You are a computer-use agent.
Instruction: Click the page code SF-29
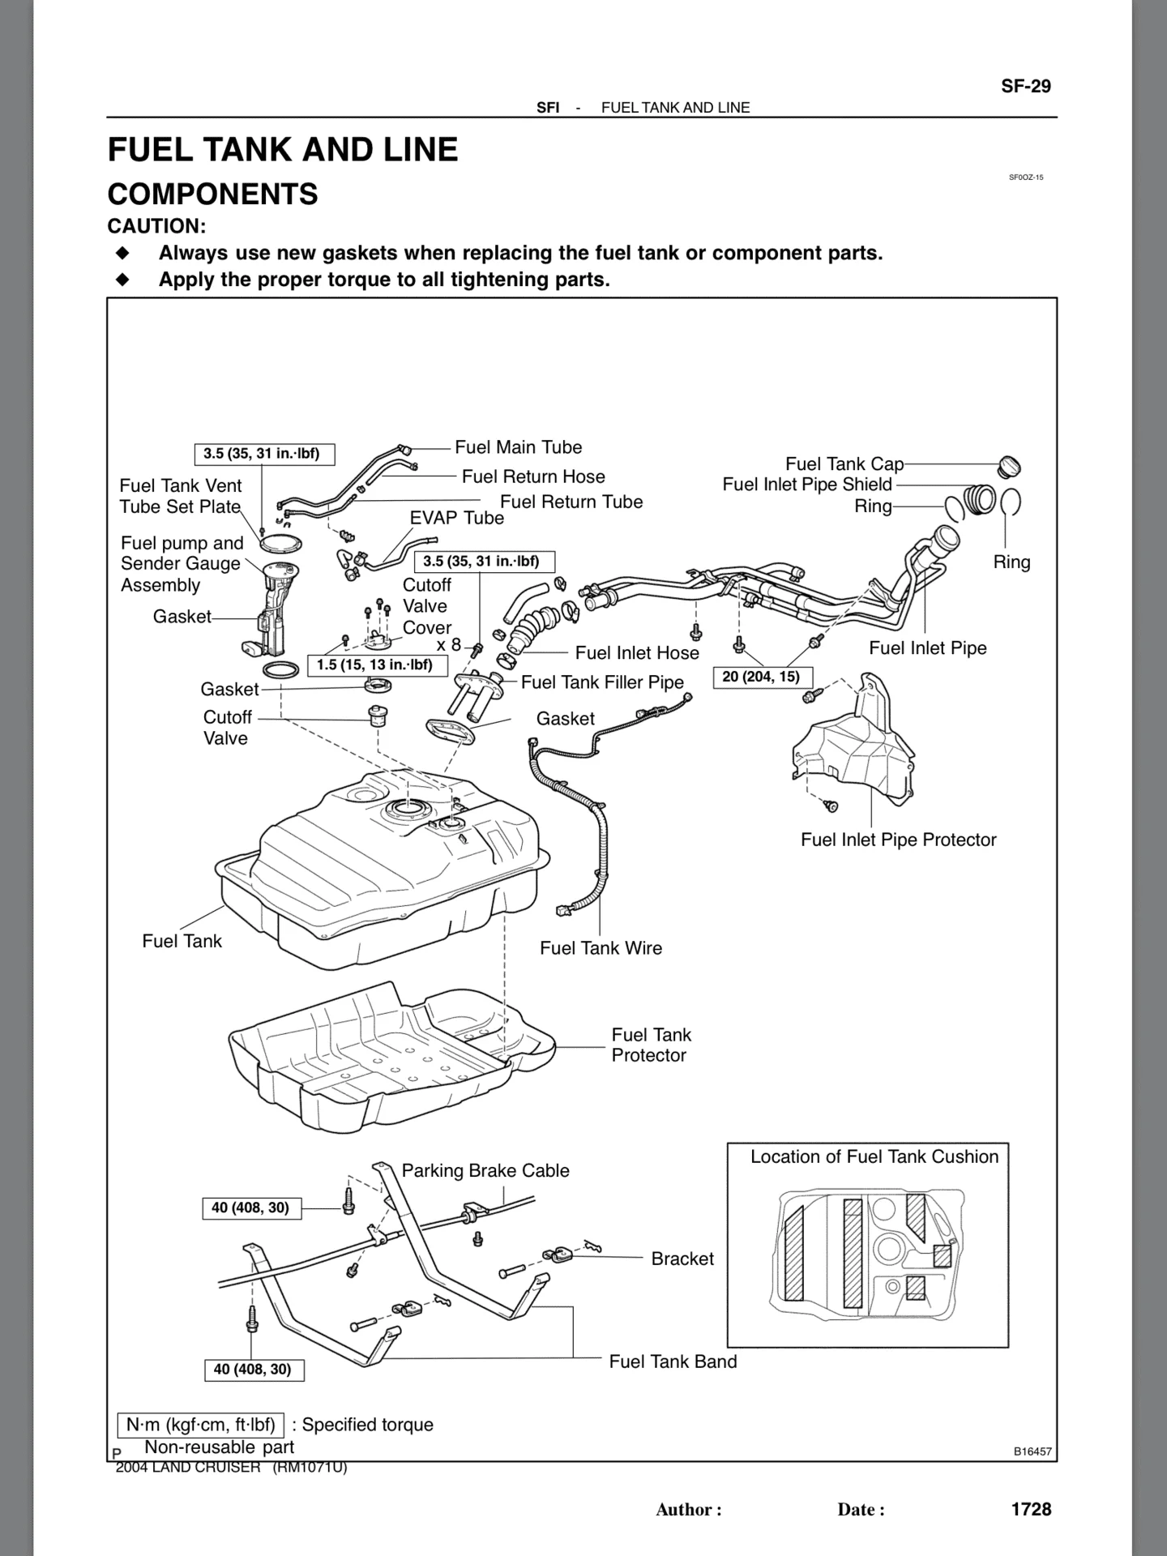tap(1026, 87)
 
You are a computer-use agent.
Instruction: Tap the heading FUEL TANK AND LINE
tap(283, 150)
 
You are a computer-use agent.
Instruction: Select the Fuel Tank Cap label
tap(844, 464)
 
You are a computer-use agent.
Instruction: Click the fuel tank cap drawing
tap(1009, 467)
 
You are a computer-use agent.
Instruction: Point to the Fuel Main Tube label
tap(519, 447)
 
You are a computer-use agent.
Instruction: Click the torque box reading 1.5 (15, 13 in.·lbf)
tap(374, 665)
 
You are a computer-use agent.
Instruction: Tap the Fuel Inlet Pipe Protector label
tap(899, 840)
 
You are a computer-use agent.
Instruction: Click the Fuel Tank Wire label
tap(601, 948)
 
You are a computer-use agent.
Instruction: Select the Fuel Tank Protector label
tap(652, 1045)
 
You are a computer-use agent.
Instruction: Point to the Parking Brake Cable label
tap(485, 1170)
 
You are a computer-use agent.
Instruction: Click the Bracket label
tap(682, 1259)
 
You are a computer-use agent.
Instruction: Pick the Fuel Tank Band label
tap(673, 1361)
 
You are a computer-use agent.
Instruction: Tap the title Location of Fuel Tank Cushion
tap(874, 1156)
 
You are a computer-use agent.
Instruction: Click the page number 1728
tap(1031, 1509)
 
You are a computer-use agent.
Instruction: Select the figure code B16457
tap(1032, 1451)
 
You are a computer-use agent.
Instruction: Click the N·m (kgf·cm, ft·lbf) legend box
tap(200, 1425)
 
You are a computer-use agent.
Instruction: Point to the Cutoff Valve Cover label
tap(427, 606)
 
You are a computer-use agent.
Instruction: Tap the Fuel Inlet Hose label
tap(637, 653)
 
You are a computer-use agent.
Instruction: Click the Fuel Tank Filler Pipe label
tap(602, 682)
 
